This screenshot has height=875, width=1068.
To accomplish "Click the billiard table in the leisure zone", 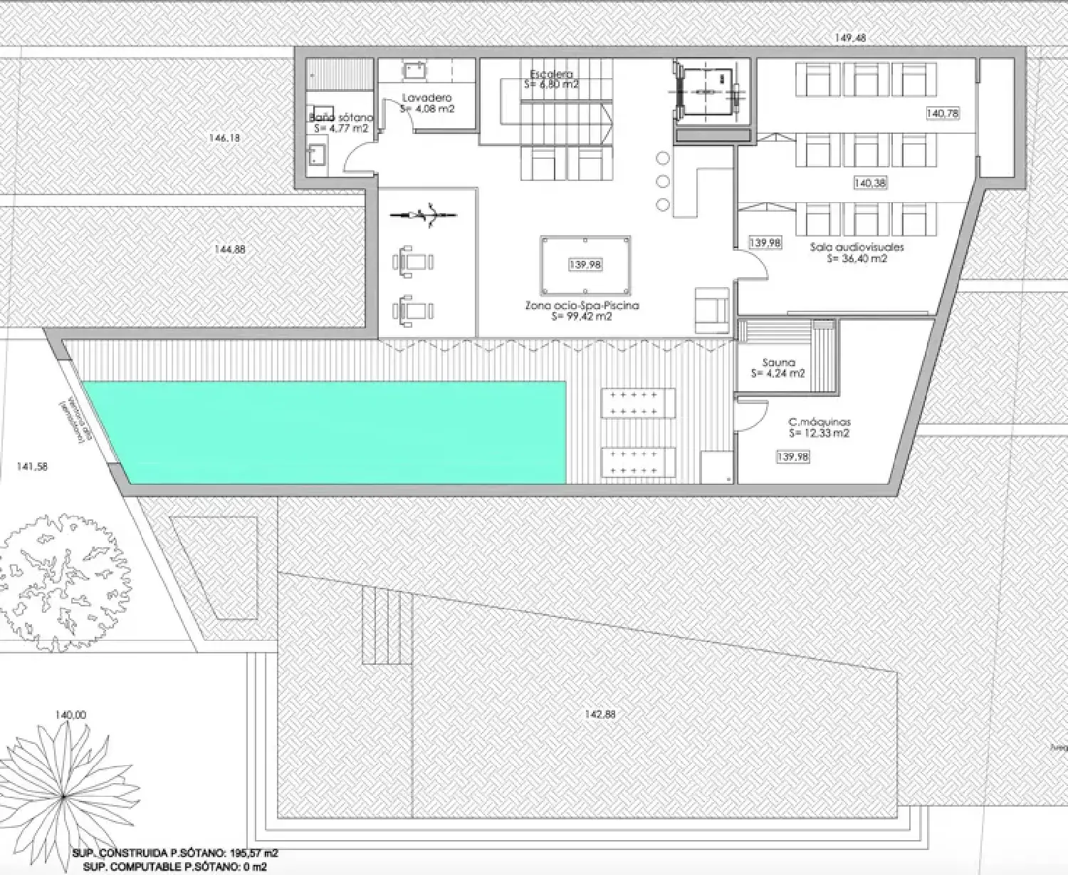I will click(585, 265).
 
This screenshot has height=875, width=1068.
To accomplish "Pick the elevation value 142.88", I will click(600, 714).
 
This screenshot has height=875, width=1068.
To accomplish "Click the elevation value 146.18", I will click(224, 138).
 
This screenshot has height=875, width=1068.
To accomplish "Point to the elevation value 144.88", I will click(229, 249).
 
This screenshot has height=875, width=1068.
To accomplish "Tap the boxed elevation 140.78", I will click(943, 113).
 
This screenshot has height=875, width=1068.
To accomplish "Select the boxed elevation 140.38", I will click(869, 183).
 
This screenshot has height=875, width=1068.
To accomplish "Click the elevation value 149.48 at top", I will click(850, 38).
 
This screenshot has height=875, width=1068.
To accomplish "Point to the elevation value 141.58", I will click(32, 467).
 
